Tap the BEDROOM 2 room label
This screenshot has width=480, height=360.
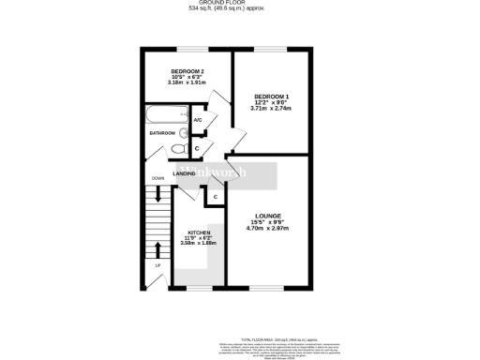coord(187,71)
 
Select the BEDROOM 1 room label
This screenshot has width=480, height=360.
coord(272,97)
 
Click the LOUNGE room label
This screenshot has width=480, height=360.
coord(267,216)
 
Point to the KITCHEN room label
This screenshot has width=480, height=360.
coord(198,232)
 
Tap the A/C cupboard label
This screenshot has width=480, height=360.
coord(198,120)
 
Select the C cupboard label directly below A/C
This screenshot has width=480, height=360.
coord(197,148)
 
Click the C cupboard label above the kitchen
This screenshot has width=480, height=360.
coord(215,196)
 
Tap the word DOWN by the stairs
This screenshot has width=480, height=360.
coord(157,178)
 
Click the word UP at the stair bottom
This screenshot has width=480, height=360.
coord(157,265)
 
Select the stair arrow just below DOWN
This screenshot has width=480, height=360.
coord(157,193)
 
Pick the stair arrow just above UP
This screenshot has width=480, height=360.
coord(157,250)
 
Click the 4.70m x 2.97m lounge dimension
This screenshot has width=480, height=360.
coord(267,228)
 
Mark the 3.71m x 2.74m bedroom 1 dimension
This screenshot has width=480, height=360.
coord(272,109)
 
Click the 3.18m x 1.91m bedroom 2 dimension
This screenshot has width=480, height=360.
coord(187,83)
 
